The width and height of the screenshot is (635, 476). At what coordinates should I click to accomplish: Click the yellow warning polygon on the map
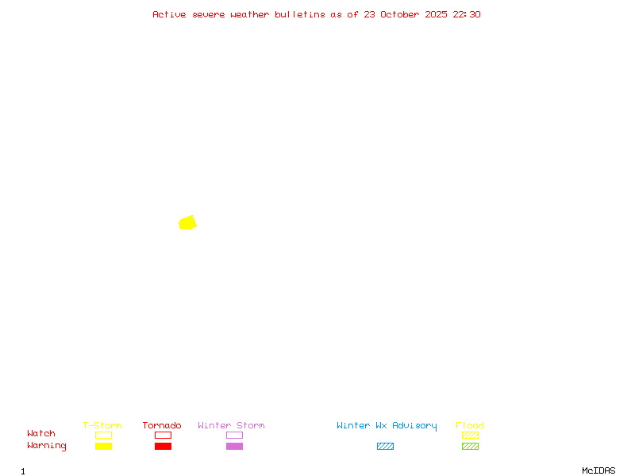coord(187,223)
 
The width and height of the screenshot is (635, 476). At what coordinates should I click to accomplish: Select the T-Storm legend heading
coord(102,425)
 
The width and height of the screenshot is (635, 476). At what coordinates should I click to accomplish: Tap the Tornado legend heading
coord(162,425)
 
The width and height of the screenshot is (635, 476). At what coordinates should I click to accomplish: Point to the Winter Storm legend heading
coord(231,425)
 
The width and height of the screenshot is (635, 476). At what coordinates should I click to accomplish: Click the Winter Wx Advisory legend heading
coord(387,425)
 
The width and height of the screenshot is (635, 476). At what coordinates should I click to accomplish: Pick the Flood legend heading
coord(470,425)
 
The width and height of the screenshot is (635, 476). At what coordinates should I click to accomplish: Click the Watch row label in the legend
coord(41,434)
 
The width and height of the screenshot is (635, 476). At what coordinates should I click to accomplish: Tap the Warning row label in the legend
coord(47,446)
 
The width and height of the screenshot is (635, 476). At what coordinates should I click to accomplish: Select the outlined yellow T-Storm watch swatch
coord(103,435)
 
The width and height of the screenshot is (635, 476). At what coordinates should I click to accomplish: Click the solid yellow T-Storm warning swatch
coord(103,446)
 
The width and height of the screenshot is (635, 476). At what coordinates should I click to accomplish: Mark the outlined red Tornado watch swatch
coord(163,435)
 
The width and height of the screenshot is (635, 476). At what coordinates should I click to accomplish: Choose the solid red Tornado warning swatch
coord(163,446)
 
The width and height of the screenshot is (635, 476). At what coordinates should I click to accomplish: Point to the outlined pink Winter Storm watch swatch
coord(234,435)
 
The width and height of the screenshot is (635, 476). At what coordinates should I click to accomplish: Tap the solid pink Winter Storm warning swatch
coord(234,446)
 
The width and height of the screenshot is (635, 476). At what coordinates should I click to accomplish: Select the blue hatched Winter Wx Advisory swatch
coord(385,446)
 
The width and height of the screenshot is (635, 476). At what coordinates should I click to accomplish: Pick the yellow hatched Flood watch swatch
coord(470,435)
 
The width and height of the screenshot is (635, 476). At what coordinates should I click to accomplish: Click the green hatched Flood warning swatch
coord(470,446)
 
